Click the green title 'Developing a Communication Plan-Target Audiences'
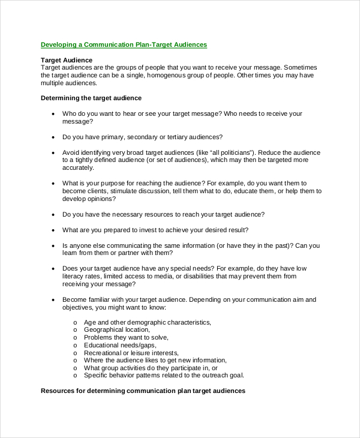124,44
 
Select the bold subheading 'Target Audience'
66,60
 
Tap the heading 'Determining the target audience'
91,98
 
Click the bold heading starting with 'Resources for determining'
143,391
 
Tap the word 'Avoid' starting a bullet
71,152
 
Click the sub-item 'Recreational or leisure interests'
131,353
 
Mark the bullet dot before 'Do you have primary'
53,137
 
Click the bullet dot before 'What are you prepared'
53,230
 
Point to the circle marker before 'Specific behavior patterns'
75,376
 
